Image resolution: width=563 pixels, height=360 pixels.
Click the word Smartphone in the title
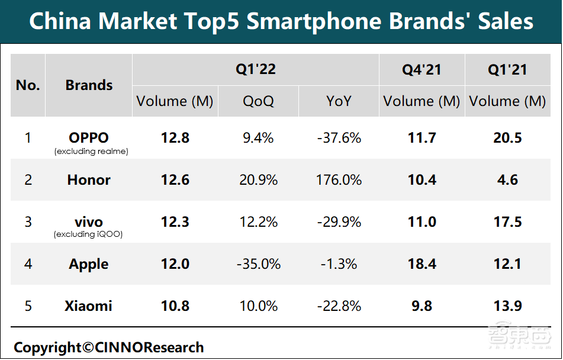click(313, 22)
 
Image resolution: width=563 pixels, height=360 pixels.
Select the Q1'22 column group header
click(256, 69)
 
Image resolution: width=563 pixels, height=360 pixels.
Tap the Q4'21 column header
click(422, 69)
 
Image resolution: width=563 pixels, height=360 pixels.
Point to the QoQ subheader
click(258, 101)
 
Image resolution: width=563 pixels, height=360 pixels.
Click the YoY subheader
click(339, 101)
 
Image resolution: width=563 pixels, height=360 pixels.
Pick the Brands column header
click(89, 85)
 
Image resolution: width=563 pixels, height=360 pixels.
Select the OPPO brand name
click(89, 138)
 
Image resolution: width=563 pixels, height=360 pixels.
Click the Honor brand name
click(89, 180)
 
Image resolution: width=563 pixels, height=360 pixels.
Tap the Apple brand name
click(89, 264)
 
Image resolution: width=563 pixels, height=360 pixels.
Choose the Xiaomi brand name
click(89, 306)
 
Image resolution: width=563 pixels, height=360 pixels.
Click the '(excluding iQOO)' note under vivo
click(89, 234)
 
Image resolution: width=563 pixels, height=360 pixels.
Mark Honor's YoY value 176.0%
click(339, 180)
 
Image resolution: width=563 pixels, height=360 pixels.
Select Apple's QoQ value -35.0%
click(258, 264)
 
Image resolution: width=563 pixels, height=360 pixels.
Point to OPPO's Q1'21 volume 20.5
click(507, 138)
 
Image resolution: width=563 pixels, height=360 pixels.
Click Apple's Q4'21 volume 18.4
click(422, 264)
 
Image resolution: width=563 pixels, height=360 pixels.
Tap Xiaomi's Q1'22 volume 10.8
click(175, 306)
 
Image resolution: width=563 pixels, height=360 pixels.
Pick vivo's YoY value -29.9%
click(339, 222)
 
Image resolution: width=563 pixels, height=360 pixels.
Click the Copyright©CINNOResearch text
click(108, 348)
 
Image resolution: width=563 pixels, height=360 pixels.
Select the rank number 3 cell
click(28, 222)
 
